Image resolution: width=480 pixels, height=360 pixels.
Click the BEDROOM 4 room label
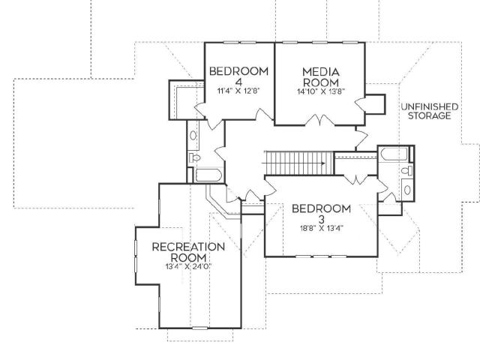pos(238,76)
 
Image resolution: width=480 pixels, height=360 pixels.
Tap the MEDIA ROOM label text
pos(321,77)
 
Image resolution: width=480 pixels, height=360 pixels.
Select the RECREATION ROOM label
pos(188,252)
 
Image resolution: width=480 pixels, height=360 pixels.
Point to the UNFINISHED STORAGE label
pos(430,111)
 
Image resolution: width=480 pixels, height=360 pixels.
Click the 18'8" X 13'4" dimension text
pos(322,228)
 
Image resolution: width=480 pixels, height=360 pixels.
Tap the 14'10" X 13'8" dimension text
pos(321,91)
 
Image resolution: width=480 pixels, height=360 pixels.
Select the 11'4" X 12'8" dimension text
pos(238,91)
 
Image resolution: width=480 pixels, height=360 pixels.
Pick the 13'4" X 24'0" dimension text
pos(188,266)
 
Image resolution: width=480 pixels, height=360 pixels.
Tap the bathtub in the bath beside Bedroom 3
pos(394,154)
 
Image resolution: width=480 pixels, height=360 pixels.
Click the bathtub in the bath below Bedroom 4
pos(208,175)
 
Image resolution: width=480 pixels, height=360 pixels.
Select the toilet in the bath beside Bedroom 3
pos(407,171)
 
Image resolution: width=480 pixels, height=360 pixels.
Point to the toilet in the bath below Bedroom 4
pos(194,158)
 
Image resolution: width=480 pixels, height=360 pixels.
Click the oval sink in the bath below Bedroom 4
pos(193,136)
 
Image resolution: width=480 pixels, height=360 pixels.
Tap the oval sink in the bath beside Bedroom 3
pos(407,190)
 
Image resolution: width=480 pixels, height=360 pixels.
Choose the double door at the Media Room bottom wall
pos(320,120)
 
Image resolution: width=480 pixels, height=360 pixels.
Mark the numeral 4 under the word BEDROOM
pos(238,82)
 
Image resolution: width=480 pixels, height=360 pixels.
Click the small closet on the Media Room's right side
pos(375,104)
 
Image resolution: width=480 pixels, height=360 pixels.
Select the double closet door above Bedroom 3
pos(356,179)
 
